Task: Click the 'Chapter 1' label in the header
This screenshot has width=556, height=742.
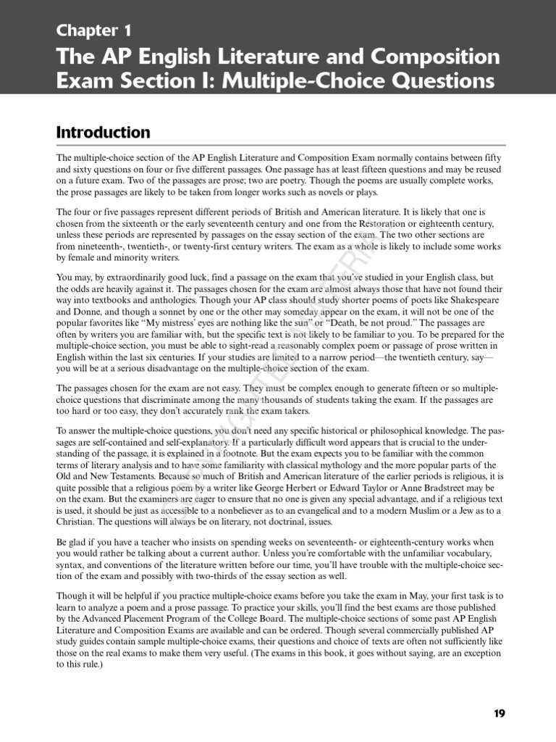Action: [x=94, y=30]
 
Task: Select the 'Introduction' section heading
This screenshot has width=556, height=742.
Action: [x=103, y=132]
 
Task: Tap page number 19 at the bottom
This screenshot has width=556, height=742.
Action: [x=500, y=713]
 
